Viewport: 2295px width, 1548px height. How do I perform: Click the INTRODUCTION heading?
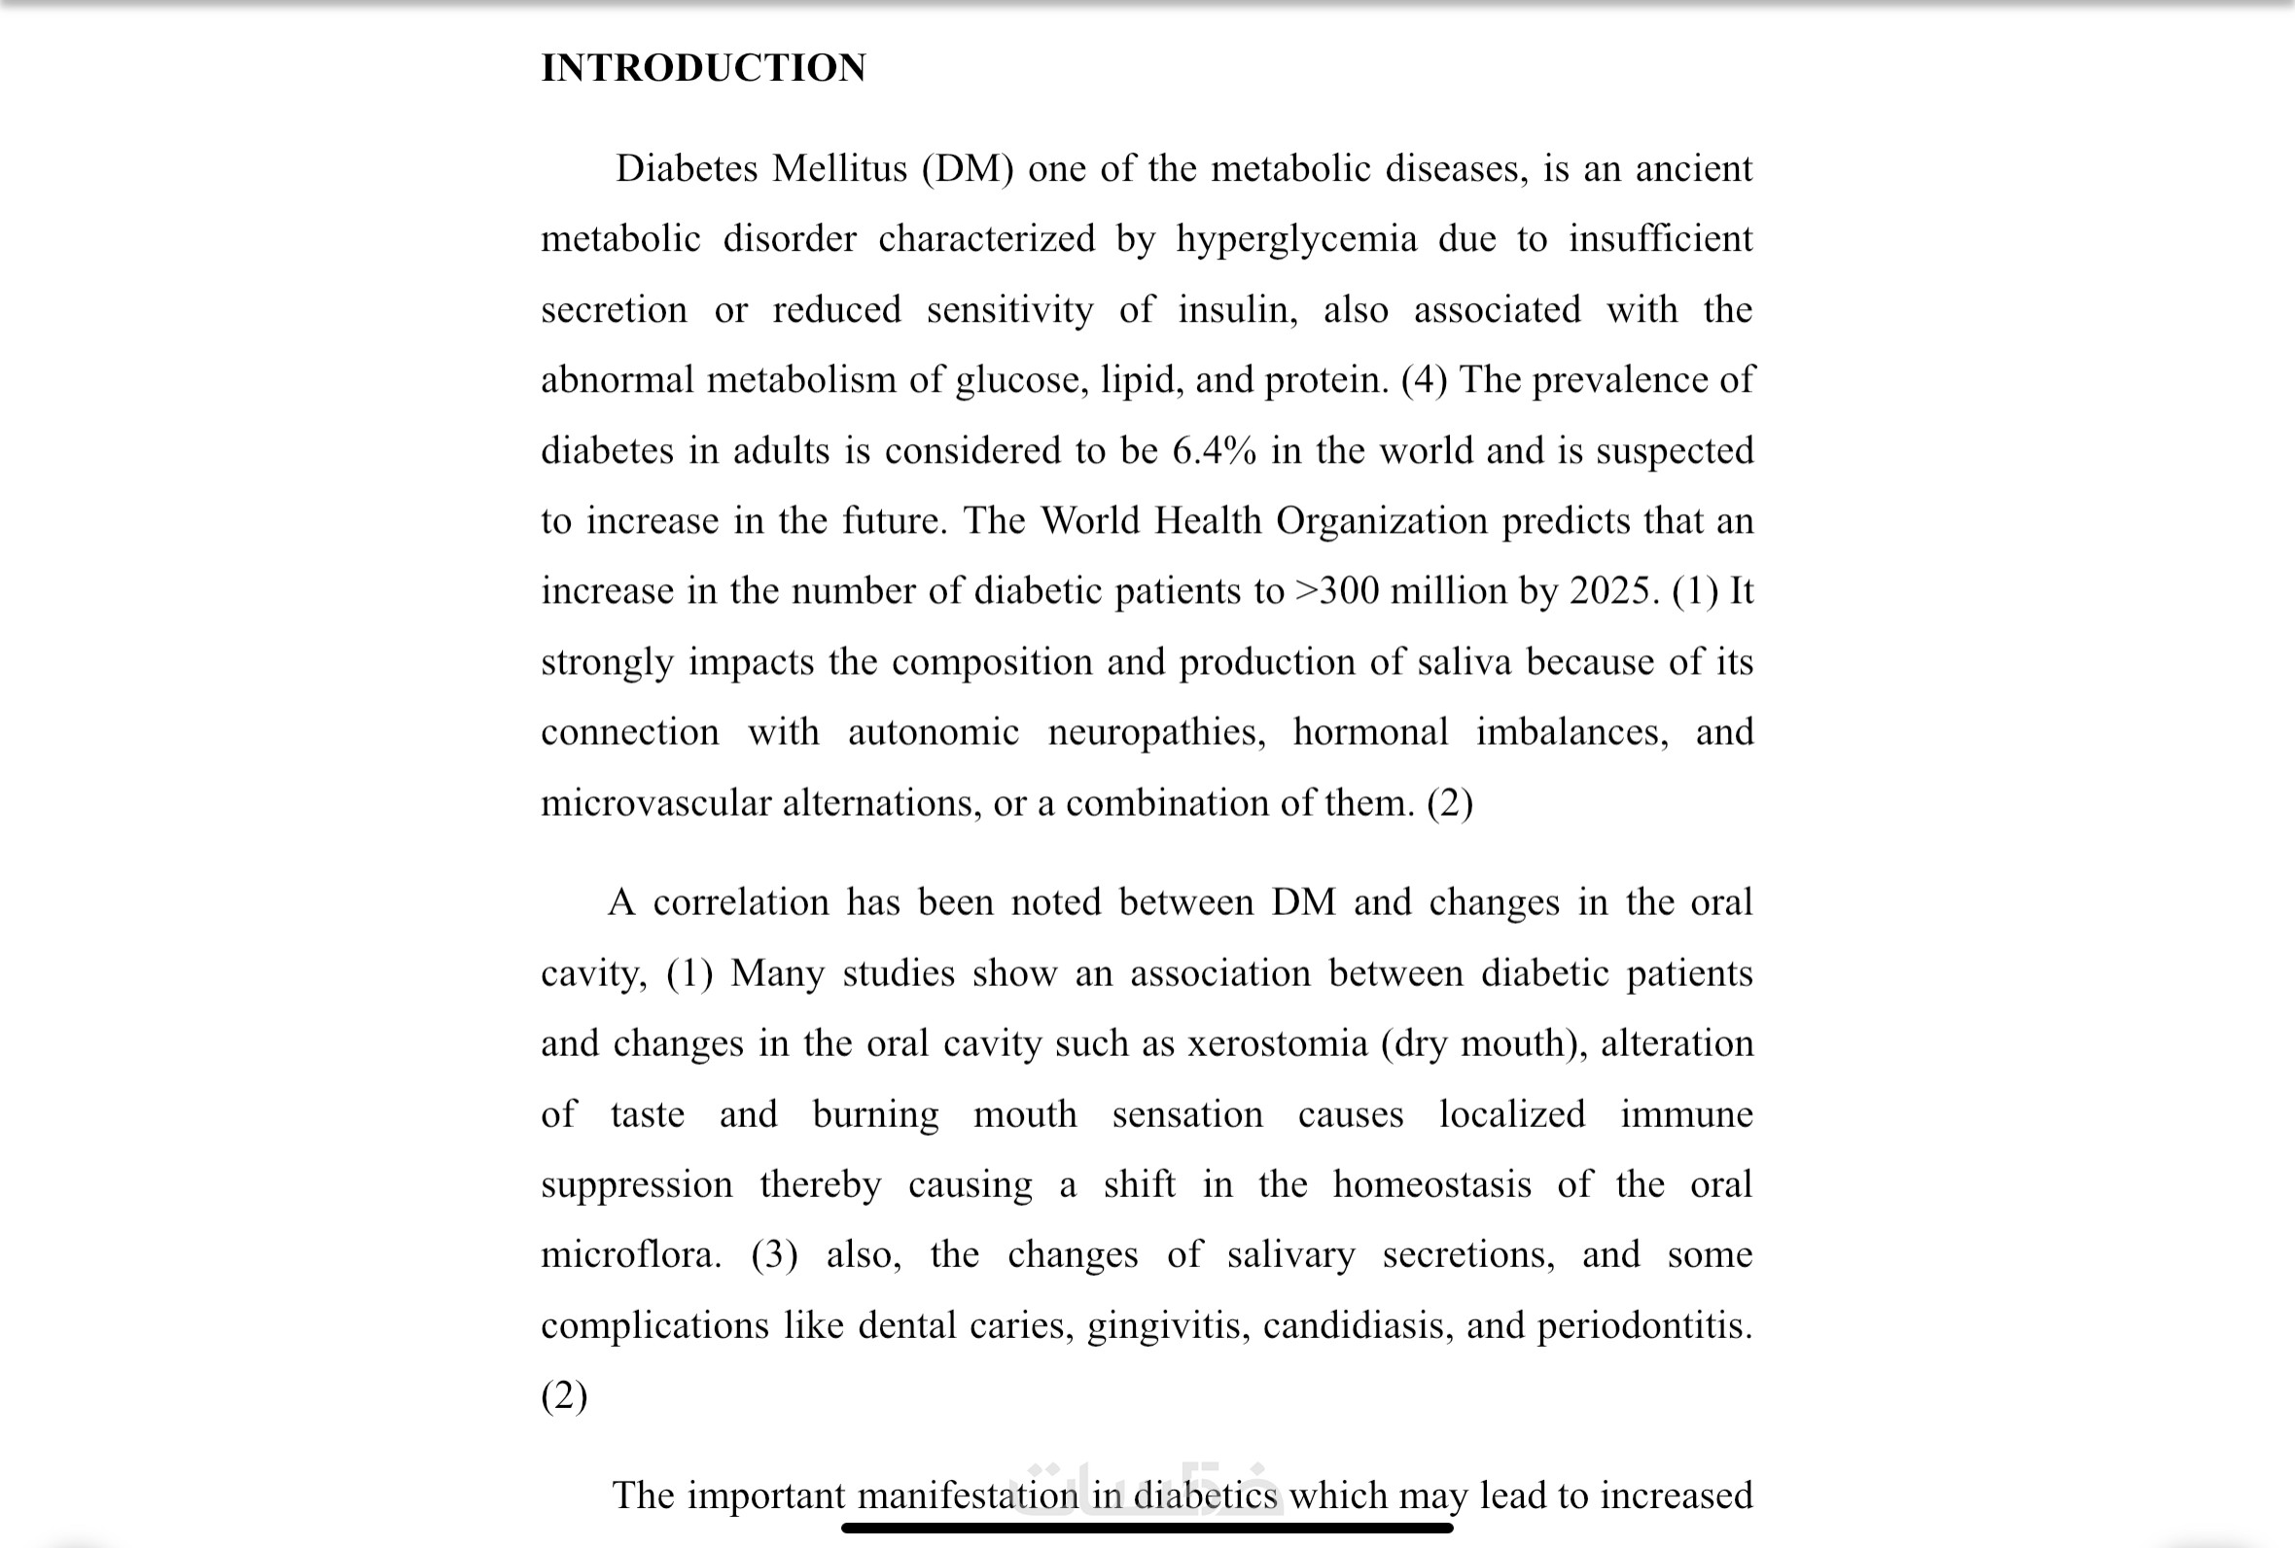pyautogui.click(x=703, y=68)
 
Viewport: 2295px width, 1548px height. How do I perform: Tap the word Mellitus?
pyautogui.click(x=839, y=169)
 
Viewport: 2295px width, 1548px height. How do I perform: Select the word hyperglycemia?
pyautogui.click(x=1296, y=240)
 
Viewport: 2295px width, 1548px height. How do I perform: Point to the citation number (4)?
pyautogui.click(x=1424, y=380)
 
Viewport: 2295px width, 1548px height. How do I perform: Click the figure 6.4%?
pyautogui.click(x=1215, y=451)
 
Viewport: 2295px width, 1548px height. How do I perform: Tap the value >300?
pyautogui.click(x=1336, y=591)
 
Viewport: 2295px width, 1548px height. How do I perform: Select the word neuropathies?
pyautogui.click(x=1156, y=732)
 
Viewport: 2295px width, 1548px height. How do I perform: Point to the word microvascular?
pyautogui.click(x=655, y=803)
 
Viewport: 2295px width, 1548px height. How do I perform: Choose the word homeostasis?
pyautogui.click(x=1431, y=1184)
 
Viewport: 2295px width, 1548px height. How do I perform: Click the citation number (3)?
pyautogui.click(x=774, y=1254)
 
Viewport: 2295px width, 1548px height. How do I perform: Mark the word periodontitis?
pyautogui.click(x=1644, y=1326)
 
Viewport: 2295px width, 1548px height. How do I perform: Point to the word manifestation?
pyautogui.click(x=968, y=1495)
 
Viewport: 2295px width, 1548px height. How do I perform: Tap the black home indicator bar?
pyautogui.click(x=1147, y=1529)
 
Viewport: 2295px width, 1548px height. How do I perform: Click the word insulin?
pyautogui.click(x=1238, y=310)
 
